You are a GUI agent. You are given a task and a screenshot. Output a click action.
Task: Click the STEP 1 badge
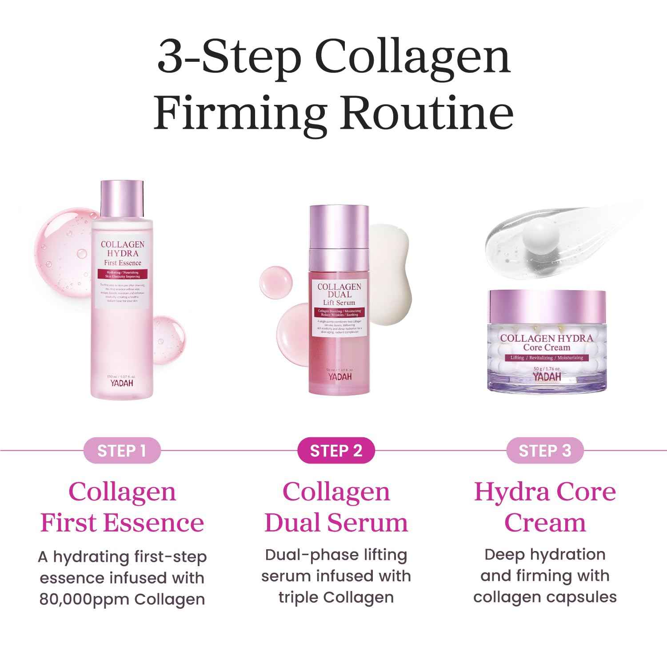point(121,451)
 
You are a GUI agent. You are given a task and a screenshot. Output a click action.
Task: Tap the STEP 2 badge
point(336,451)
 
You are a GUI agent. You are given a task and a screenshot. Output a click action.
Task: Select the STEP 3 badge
point(545,451)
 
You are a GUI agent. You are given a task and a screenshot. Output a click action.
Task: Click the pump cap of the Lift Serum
point(339,227)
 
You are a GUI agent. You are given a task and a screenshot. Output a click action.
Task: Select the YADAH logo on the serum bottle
point(339,376)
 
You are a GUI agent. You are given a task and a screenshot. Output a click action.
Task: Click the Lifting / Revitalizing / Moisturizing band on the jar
point(547,358)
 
